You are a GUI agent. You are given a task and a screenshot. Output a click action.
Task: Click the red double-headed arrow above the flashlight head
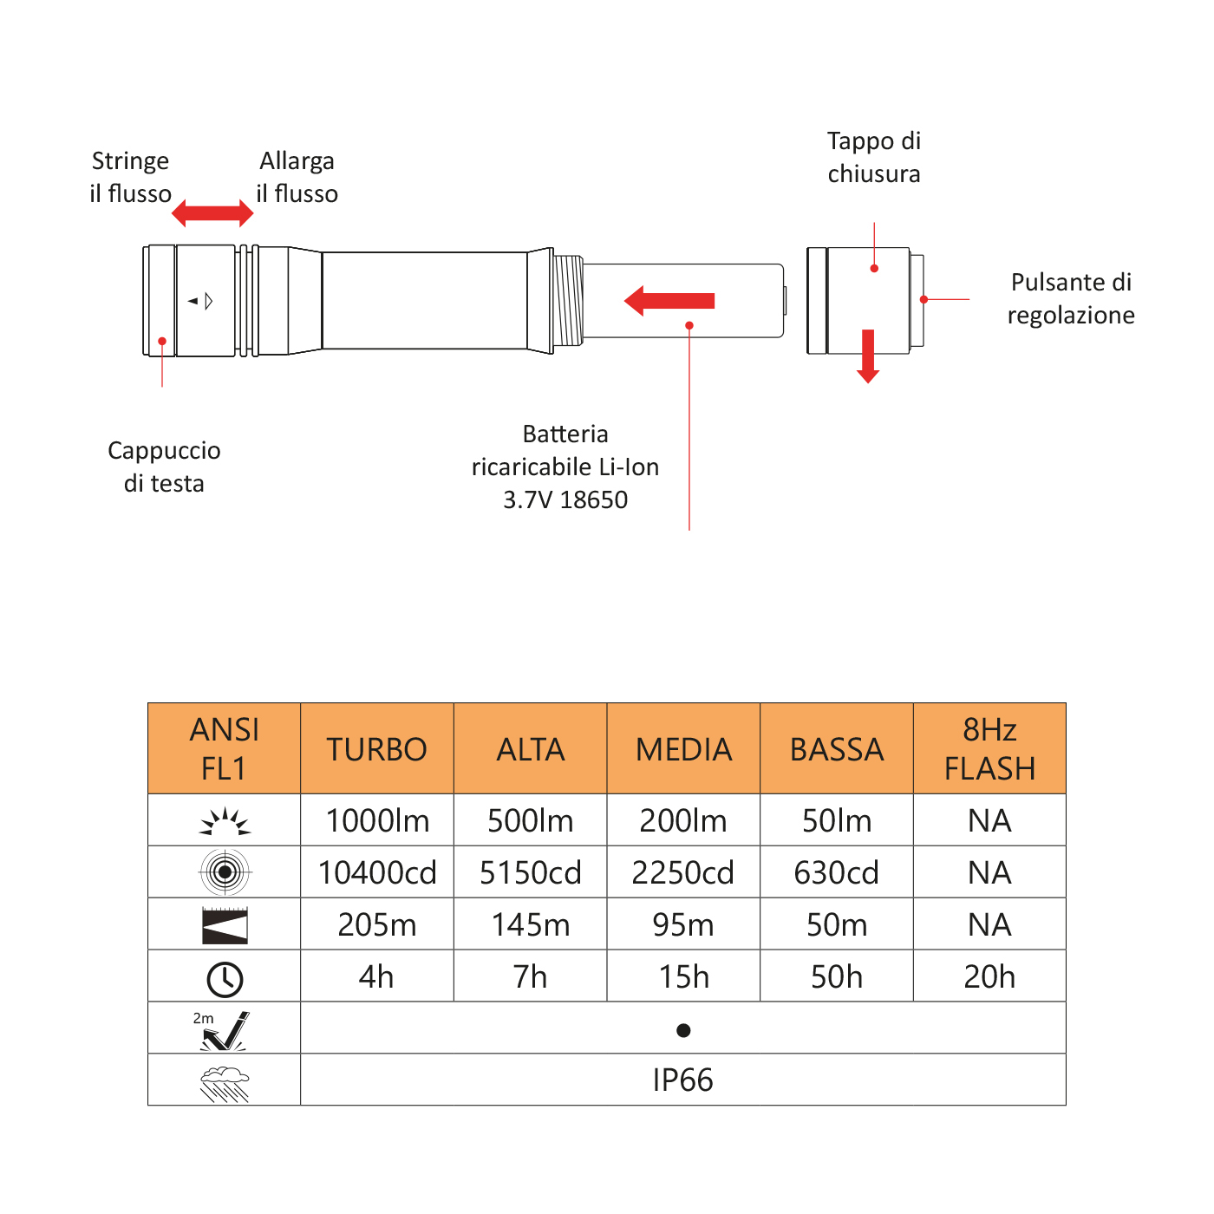pos(212,212)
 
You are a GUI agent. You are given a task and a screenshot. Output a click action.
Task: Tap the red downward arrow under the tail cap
pos(868,356)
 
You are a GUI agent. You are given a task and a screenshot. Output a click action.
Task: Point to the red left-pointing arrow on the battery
pos(669,301)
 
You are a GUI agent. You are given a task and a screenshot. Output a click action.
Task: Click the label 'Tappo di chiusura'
pos(874,157)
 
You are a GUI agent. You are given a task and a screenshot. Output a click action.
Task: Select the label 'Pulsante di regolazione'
pos(1071,298)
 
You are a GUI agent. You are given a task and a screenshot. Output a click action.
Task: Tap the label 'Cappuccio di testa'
pos(164,467)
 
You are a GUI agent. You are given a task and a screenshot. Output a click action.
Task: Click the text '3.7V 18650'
pos(565,500)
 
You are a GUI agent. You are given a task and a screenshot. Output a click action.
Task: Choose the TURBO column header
pos(377,749)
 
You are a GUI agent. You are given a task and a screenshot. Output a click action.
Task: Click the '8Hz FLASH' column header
pos(989,749)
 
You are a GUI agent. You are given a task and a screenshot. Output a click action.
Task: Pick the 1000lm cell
pos(377,820)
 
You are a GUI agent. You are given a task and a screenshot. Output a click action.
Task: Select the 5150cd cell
pos(531,872)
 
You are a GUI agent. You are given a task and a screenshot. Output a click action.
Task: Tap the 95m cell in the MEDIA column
pos(683,924)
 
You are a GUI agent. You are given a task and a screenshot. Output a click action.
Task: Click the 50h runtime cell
pos(837,976)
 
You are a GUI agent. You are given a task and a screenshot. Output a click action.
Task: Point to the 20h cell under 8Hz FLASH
pos(989,976)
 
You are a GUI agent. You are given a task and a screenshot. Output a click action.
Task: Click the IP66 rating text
pos(683,1080)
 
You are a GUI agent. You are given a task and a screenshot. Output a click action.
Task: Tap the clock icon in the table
pos(225,979)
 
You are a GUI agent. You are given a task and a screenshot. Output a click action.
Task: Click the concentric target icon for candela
pos(225,871)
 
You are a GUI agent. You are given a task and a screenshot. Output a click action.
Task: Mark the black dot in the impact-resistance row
pos(683,1030)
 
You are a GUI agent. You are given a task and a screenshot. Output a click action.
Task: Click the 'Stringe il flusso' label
pos(130,177)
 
